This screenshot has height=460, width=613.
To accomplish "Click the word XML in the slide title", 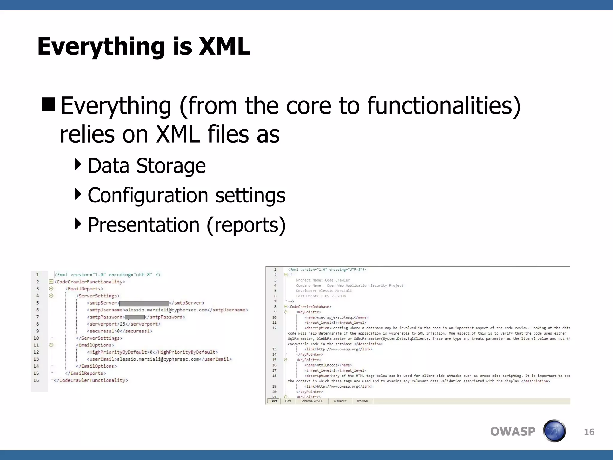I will (x=224, y=46).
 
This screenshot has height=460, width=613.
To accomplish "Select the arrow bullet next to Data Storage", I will (x=78, y=165).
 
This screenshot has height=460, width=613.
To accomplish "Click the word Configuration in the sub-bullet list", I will (x=148, y=195).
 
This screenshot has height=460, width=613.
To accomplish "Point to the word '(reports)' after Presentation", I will (x=246, y=225).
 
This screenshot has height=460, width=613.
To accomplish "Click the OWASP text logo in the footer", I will (x=512, y=432).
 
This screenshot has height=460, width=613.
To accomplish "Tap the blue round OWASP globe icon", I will (x=554, y=431).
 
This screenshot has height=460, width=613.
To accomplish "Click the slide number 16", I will (x=589, y=432).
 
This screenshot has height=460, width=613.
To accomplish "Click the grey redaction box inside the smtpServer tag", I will (x=144, y=303).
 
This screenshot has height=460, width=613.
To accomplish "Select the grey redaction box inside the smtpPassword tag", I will (x=135, y=317).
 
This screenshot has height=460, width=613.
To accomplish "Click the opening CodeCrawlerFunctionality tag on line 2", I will (x=89, y=282).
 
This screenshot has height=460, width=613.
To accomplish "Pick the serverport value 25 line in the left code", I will (x=124, y=324).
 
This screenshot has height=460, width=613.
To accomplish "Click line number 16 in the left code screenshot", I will (x=36, y=380).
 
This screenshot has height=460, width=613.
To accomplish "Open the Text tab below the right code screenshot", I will (x=273, y=401).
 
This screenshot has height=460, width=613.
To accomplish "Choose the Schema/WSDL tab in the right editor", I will (x=312, y=401).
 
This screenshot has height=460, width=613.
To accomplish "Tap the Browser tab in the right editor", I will (x=362, y=401).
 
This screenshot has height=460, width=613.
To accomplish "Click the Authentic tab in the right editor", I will (x=340, y=401).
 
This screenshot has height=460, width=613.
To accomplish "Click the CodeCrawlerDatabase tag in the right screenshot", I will (x=309, y=307).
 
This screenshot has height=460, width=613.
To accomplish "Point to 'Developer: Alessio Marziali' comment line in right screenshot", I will (x=324, y=291).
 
